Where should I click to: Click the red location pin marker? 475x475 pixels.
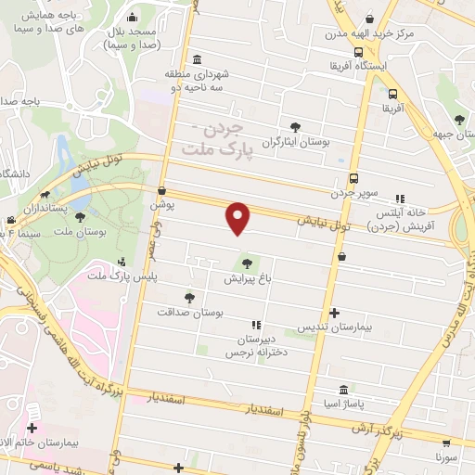pyautogui.click(x=238, y=217)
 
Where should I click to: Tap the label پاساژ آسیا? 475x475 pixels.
pyautogui.click(x=345, y=405)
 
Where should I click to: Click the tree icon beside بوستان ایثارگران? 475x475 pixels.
pyautogui.click(x=295, y=127)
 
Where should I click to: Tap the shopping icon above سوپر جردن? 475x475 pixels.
pyautogui.click(x=353, y=179)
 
